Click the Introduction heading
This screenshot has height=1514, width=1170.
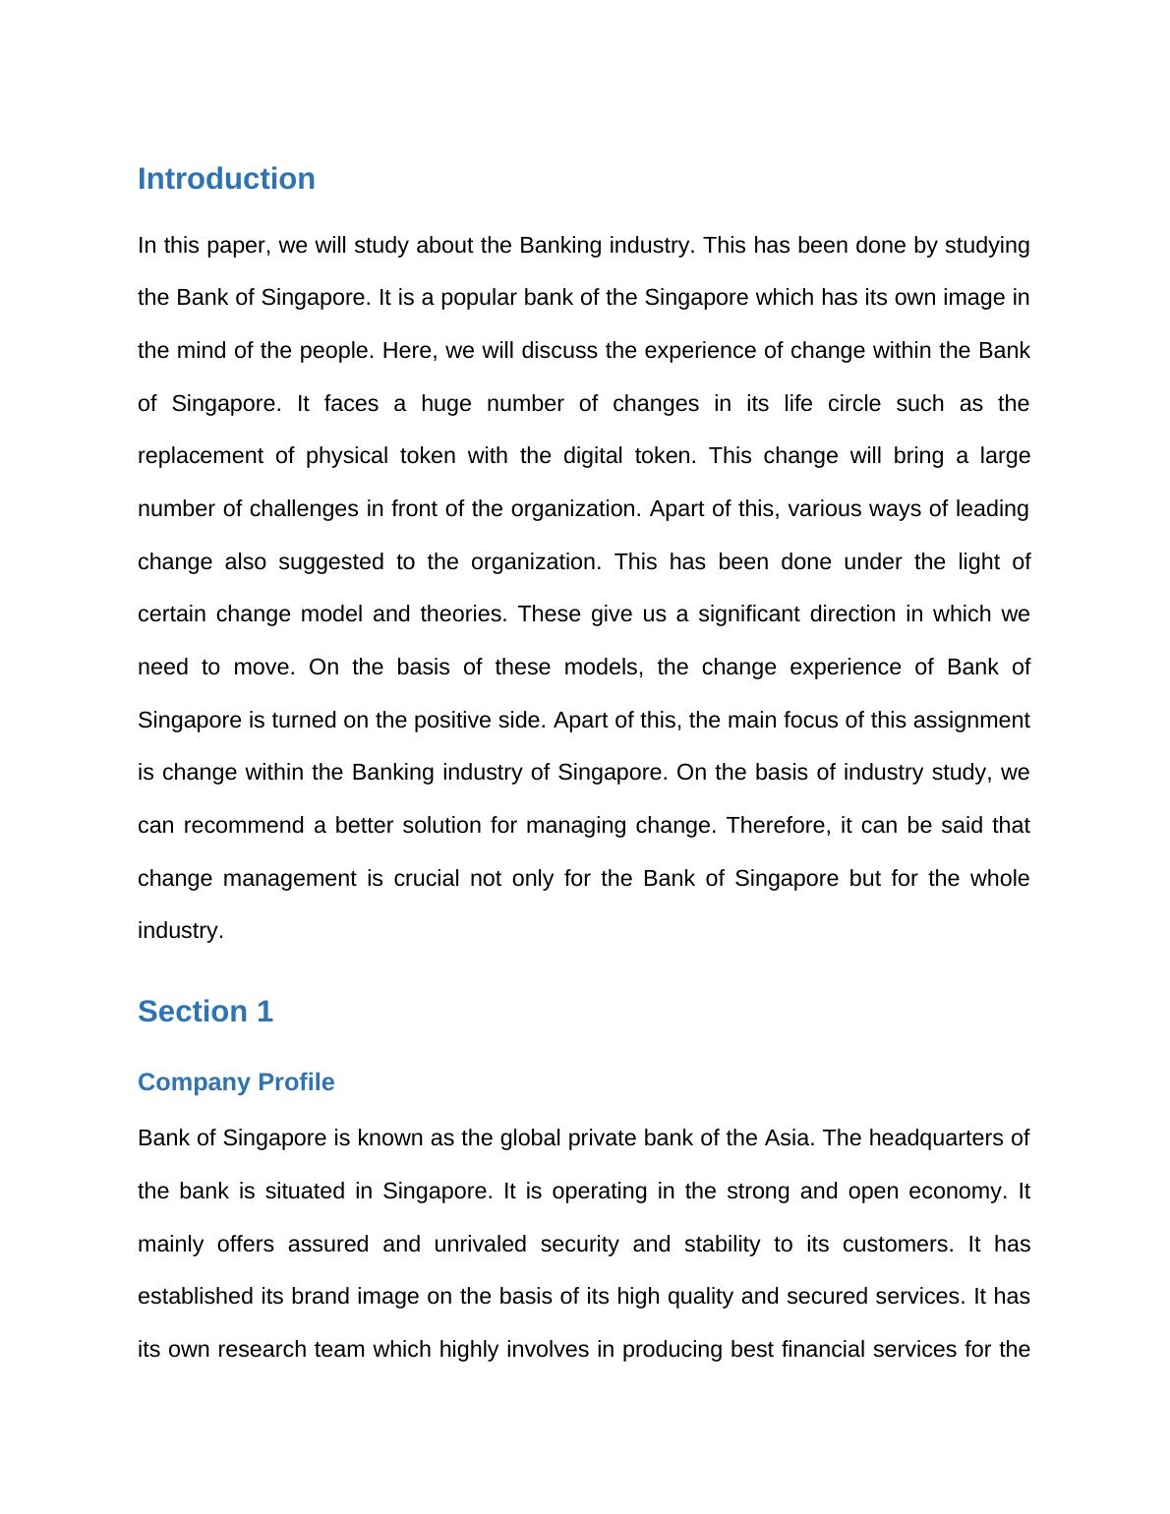point(226,179)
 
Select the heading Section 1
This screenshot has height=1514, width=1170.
point(205,1011)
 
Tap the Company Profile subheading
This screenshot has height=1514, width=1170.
point(236,1081)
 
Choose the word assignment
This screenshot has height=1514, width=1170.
point(971,721)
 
